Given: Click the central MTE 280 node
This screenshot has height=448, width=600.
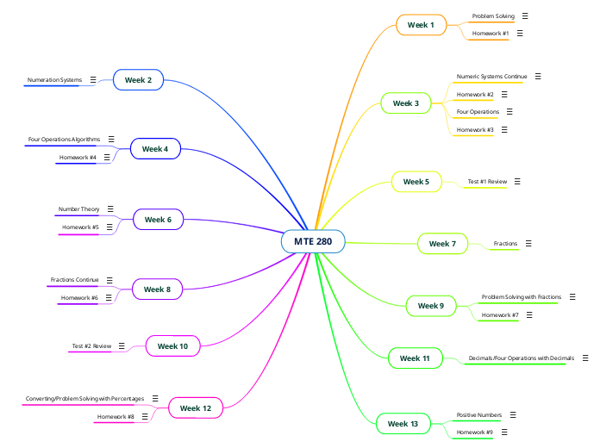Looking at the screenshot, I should (313, 241).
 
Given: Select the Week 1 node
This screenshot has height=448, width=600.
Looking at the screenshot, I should (421, 26).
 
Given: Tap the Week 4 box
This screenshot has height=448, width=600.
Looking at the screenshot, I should (155, 149).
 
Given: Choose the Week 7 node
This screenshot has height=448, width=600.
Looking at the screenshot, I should (442, 244).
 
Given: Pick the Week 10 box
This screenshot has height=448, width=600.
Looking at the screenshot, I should (172, 346).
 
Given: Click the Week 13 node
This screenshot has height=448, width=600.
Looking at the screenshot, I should (403, 424).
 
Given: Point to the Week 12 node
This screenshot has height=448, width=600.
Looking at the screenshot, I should (196, 408).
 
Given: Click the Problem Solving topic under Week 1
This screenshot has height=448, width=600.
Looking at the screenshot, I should (493, 16).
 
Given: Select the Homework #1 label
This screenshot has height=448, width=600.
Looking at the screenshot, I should (491, 34).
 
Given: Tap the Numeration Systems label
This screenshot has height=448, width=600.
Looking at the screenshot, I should (54, 80).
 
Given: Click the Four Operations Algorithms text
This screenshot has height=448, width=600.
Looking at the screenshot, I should (65, 139).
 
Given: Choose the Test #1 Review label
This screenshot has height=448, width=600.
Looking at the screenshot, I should (487, 182).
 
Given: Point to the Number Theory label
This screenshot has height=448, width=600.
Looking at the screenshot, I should (79, 209).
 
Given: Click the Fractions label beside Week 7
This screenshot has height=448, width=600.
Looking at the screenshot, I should (505, 244).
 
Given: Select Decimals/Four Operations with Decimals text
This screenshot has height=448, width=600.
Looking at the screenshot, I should (521, 358).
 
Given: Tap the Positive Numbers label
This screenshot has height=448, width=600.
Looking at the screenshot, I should (479, 415).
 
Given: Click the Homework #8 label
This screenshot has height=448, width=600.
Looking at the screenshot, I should (116, 417).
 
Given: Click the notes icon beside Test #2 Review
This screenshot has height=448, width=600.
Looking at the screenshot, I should (122, 346).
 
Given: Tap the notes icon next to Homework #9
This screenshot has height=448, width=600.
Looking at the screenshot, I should (504, 432).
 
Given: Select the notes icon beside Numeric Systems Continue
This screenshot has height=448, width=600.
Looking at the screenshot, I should (538, 77).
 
